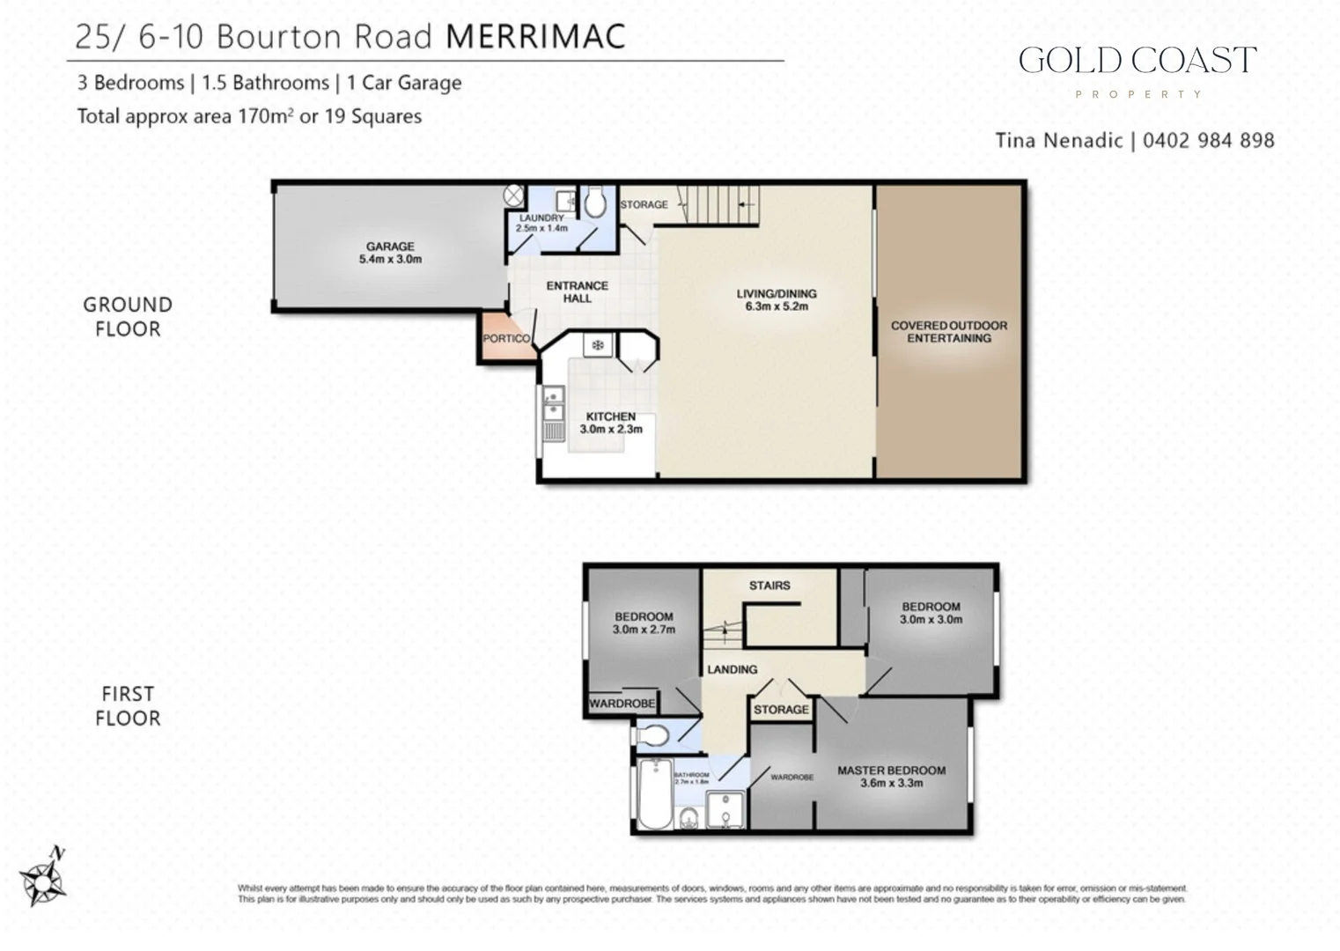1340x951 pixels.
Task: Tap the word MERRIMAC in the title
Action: pos(535,37)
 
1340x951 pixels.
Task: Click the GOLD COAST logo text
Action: pos(1137,61)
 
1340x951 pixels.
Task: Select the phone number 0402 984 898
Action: pos(1208,140)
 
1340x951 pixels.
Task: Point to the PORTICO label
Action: pos(506,338)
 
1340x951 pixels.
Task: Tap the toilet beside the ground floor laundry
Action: pos(595,203)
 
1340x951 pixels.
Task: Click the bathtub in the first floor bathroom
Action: pos(655,794)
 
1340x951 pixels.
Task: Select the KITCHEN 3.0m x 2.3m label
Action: pos(610,423)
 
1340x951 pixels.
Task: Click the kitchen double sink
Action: pos(552,408)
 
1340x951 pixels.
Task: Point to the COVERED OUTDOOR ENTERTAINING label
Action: pos(948,331)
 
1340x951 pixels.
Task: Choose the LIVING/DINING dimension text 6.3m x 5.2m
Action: pos(776,306)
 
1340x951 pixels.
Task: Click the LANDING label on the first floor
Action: pos(732,669)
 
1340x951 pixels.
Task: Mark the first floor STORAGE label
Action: pos(781,709)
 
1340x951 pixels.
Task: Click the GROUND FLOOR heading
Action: pos(128,317)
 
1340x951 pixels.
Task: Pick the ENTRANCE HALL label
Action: pos(577,291)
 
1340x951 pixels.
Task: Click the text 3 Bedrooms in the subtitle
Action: pos(130,83)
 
